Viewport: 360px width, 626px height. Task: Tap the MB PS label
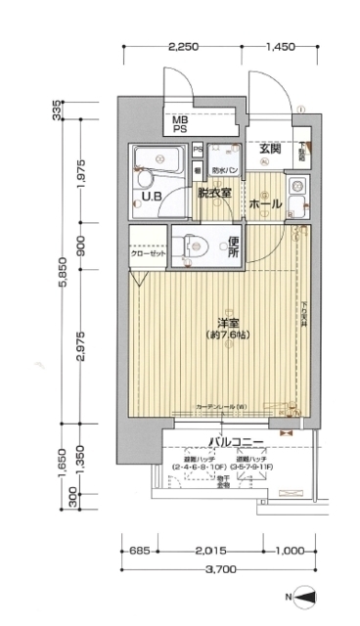182,124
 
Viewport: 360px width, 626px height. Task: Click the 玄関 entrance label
271,150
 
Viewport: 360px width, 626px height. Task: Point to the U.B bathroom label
152,196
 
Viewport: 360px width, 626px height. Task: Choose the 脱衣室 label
213,194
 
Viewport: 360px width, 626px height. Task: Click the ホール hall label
265,204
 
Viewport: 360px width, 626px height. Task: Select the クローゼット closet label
149,252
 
